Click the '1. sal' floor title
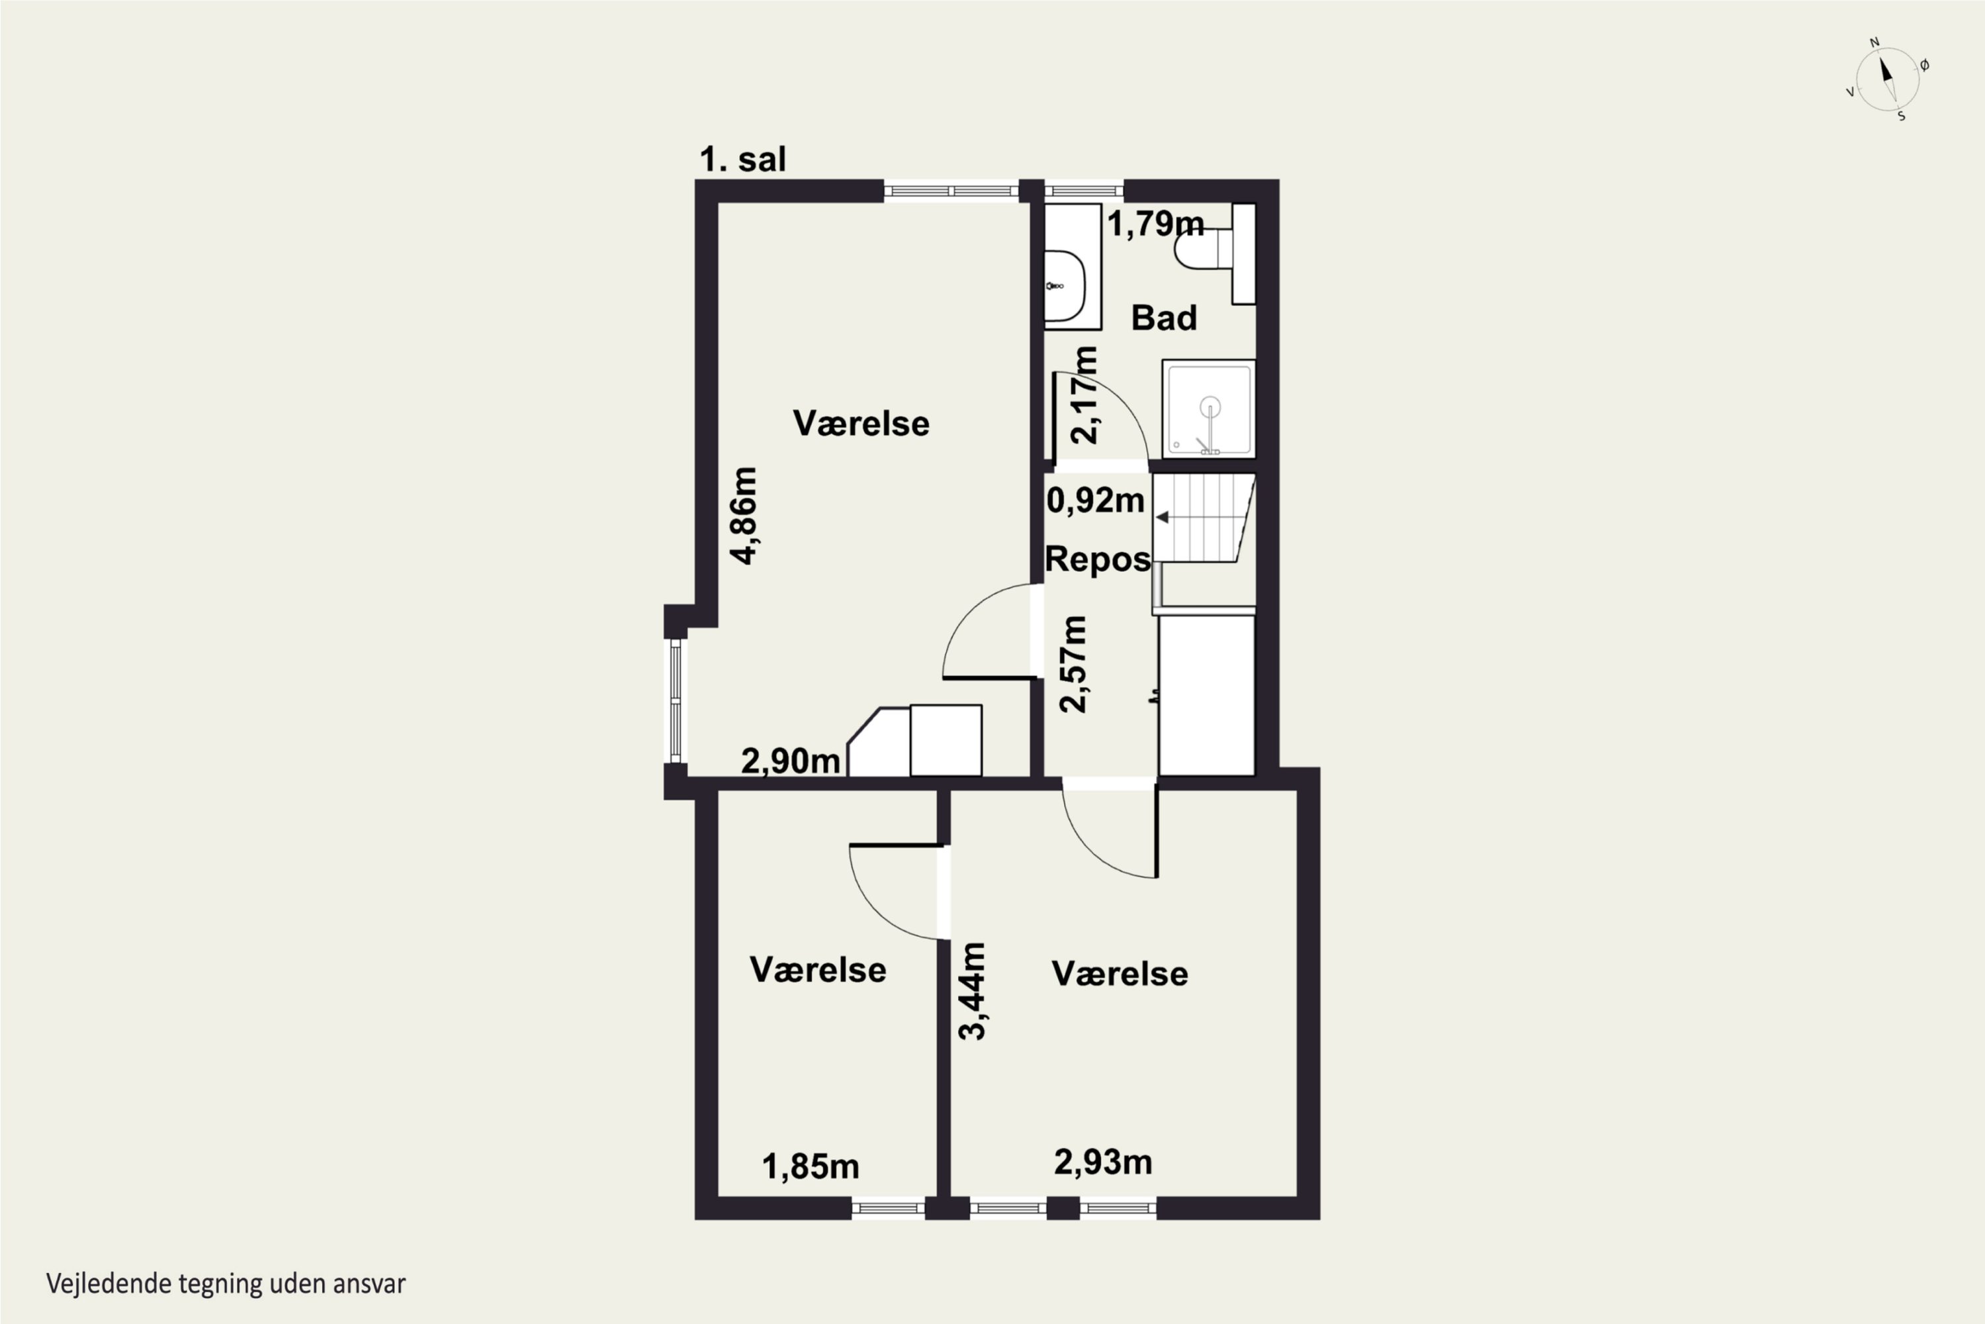tap(742, 159)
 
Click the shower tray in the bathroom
tap(1209, 408)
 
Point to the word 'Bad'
tap(1164, 318)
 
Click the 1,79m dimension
tap(1155, 224)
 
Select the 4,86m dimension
tap(744, 515)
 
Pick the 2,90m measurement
tap(791, 761)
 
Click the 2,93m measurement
tap(1102, 1162)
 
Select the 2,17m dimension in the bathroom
tap(1084, 395)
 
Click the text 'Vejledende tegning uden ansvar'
tap(226, 1284)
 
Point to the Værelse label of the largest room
tap(861, 423)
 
